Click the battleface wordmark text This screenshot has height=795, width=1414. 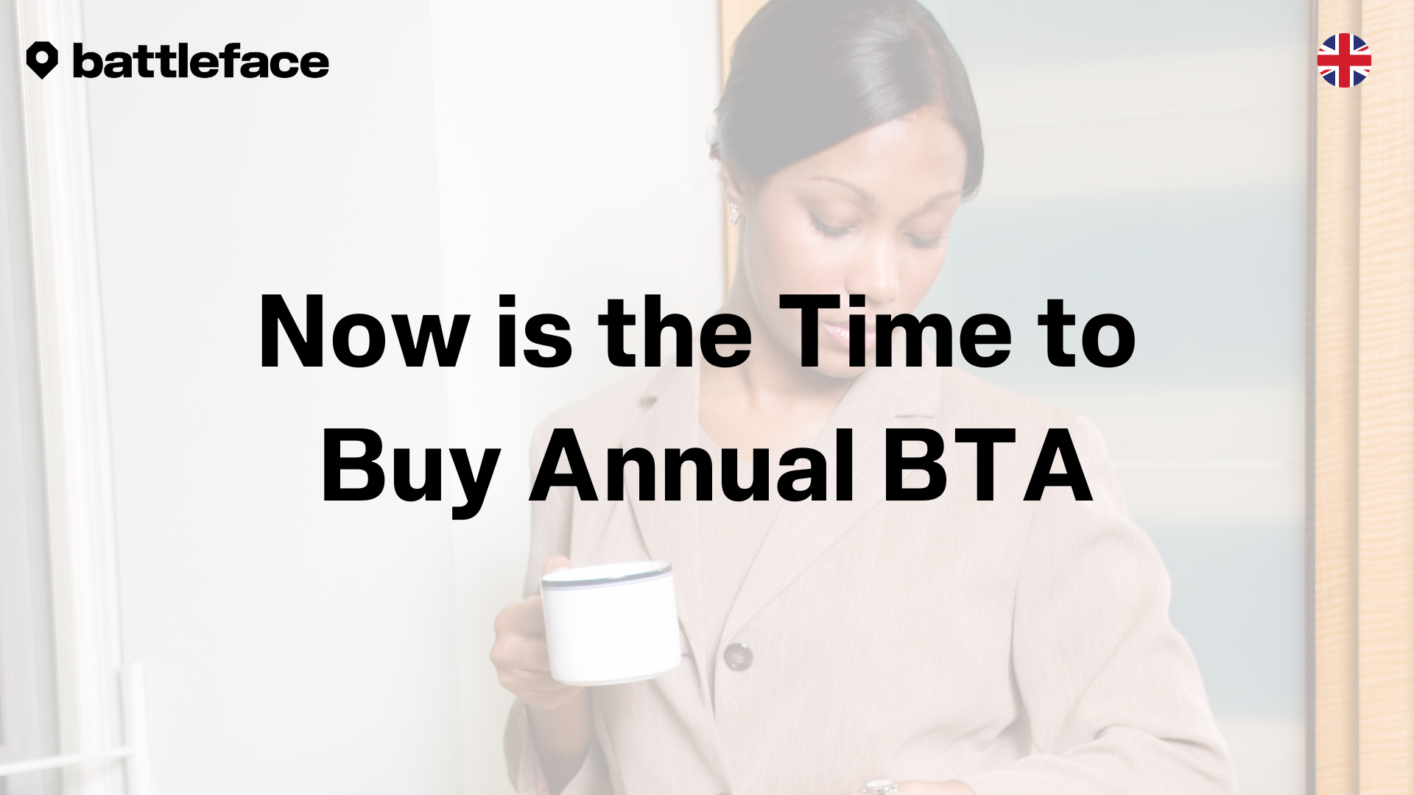201,61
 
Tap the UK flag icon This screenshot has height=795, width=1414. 1344,60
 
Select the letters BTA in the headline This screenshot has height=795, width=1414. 988,466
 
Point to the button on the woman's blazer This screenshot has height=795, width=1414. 737,655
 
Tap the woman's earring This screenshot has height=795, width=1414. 734,213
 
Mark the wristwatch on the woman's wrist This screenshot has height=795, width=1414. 882,787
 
